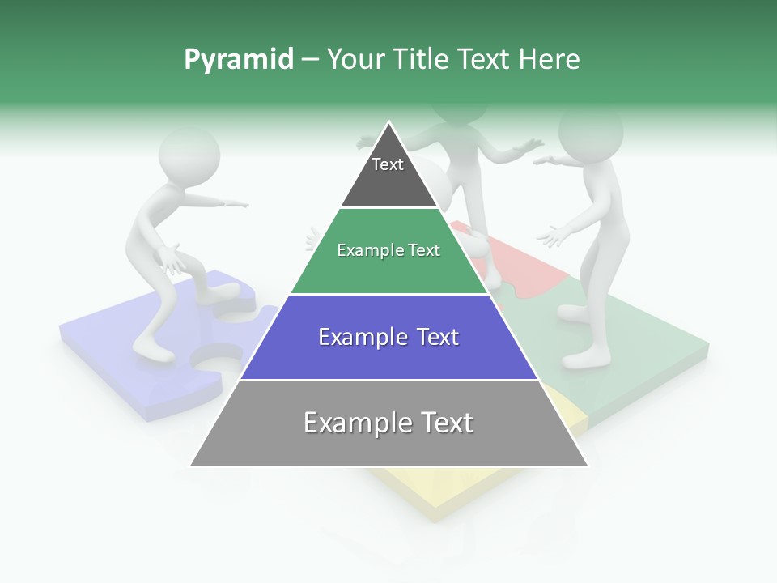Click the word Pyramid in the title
click(238, 59)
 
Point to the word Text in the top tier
click(387, 164)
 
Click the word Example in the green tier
click(363, 250)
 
